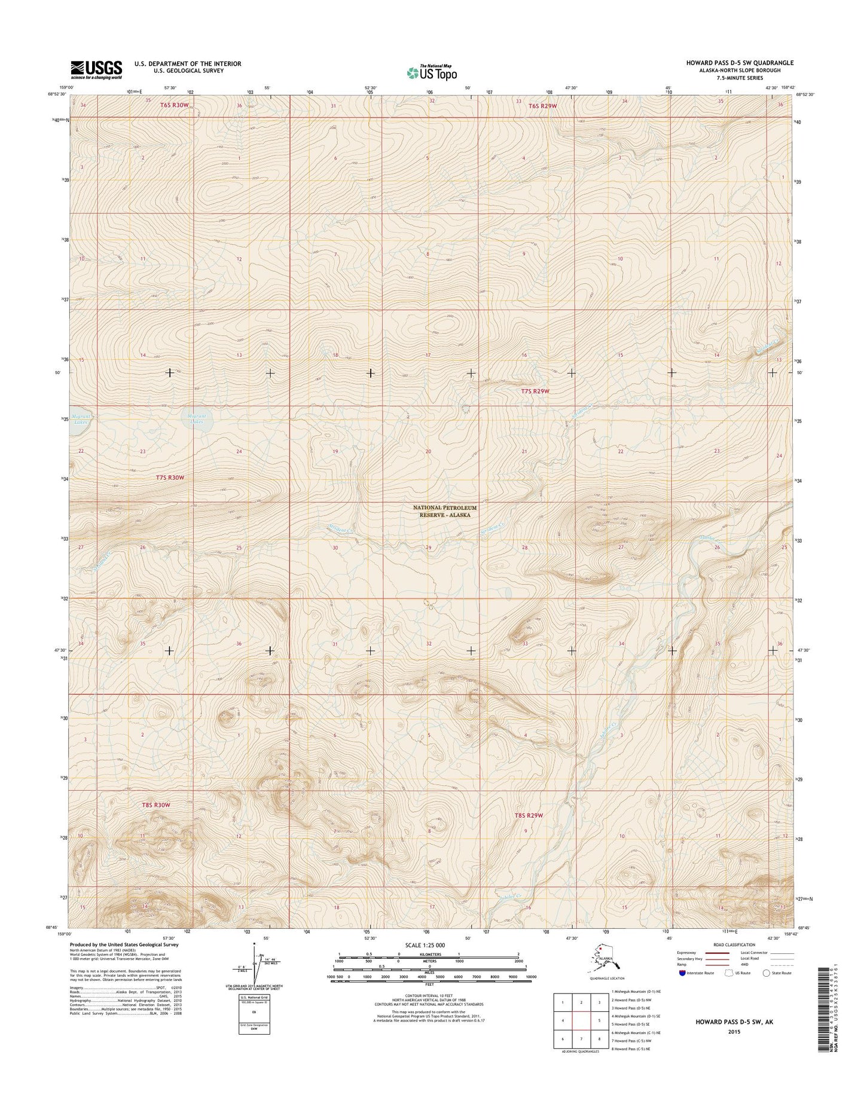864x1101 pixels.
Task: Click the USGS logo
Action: [96, 69]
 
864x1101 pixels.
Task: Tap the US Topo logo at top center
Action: [432, 72]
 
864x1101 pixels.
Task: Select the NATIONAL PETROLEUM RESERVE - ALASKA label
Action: [445, 511]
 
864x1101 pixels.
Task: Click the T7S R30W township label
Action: [171, 478]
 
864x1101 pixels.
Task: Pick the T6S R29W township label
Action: [543, 106]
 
